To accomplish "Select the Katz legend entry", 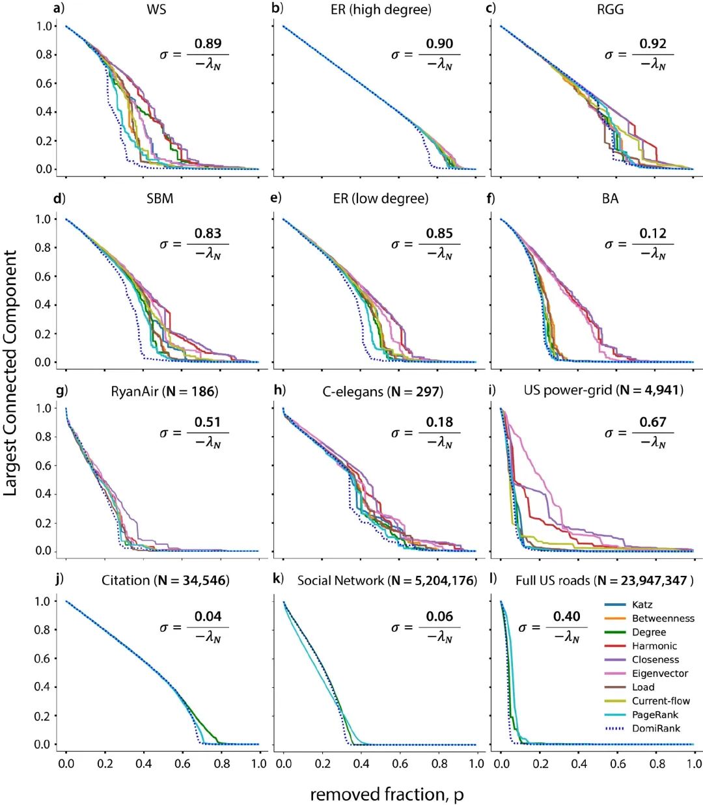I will [x=642, y=605].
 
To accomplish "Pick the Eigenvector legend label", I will [x=659, y=674].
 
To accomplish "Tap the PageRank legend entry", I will [x=654, y=715].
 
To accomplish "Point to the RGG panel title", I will [x=610, y=9].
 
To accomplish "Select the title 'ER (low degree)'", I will [x=380, y=198].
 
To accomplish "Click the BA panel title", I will [x=610, y=198].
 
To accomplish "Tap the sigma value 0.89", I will [x=208, y=44].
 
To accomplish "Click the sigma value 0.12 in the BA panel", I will [x=653, y=233].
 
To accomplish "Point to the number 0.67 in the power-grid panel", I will [x=653, y=422].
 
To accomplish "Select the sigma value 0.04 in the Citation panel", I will [x=208, y=616].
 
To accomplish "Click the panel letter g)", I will [x=62, y=390].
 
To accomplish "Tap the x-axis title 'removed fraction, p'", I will [x=386, y=794].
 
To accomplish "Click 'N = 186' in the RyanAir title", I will [x=191, y=391].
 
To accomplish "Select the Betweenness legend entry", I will [x=663, y=618].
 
